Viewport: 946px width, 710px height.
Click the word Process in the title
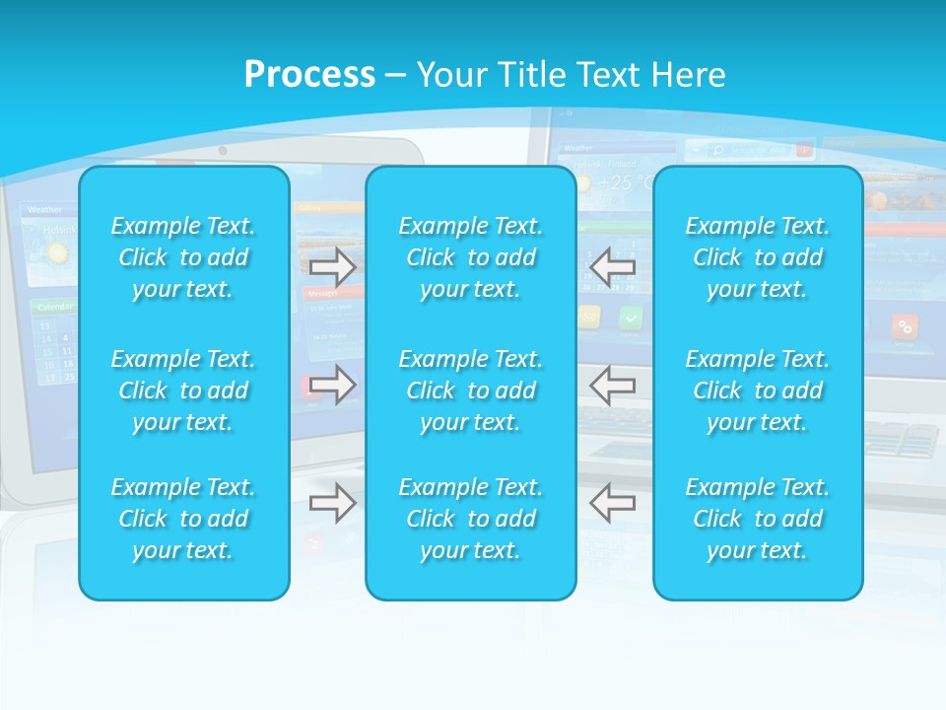click(x=309, y=75)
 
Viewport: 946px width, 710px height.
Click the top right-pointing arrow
click(x=333, y=266)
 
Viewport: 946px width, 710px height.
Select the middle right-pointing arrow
click(x=333, y=385)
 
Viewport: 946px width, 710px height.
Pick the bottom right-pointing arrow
click(x=333, y=503)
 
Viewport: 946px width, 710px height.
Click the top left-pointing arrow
click(x=612, y=266)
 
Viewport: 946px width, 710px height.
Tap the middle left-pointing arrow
click(x=612, y=385)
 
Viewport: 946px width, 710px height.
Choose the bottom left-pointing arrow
click(x=612, y=503)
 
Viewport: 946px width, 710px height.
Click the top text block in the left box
click(x=183, y=257)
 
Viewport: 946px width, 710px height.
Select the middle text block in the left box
click(x=183, y=390)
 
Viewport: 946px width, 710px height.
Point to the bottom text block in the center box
click(x=471, y=519)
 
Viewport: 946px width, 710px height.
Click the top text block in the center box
click(x=471, y=257)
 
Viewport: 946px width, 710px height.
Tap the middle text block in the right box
click(x=758, y=390)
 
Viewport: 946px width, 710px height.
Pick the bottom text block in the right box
click(x=758, y=519)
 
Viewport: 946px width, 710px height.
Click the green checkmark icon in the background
click(x=631, y=318)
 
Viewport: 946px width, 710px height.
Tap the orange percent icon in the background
click(x=904, y=326)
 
